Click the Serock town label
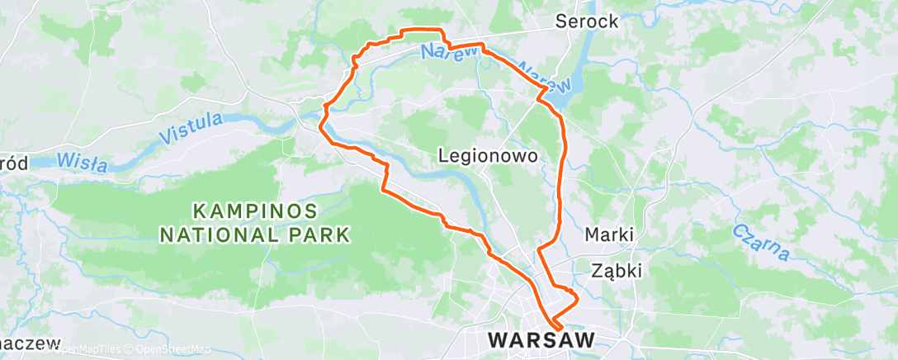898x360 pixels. point(587,22)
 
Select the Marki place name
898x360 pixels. point(609,234)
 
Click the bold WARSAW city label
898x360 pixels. point(541,340)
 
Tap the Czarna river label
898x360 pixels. point(760,239)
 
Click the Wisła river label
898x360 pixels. point(83,160)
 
